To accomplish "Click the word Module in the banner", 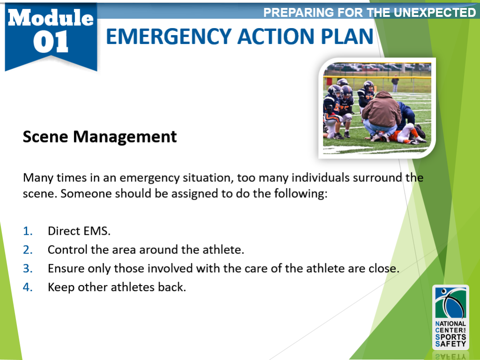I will [x=50, y=18].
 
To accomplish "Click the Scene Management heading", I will [x=100, y=137].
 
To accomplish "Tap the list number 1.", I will [x=28, y=231].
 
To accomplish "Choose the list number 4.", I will [x=28, y=287].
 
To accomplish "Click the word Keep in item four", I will [x=60, y=287].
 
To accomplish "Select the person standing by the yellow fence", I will [x=395, y=83].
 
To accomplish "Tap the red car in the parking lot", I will [x=370, y=68].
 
